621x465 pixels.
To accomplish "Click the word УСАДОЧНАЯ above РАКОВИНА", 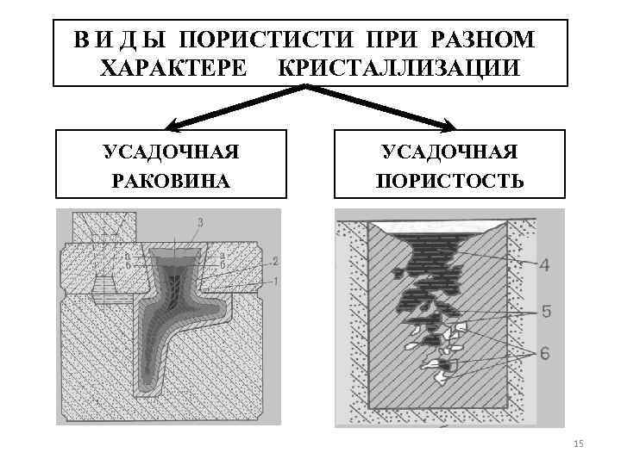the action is click(x=171, y=152).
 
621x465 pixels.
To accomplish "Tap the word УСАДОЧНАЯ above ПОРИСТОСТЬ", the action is click(x=449, y=152).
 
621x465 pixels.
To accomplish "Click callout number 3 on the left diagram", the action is click(x=200, y=223).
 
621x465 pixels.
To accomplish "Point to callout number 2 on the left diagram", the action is click(x=273, y=261).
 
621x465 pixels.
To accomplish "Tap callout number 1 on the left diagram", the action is click(x=273, y=282).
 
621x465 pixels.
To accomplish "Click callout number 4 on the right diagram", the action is click(x=543, y=265).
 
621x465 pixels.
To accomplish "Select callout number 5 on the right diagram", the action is click(x=545, y=312).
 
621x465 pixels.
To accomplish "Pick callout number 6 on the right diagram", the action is click(x=545, y=352).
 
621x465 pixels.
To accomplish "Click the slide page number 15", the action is click(x=578, y=443).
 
